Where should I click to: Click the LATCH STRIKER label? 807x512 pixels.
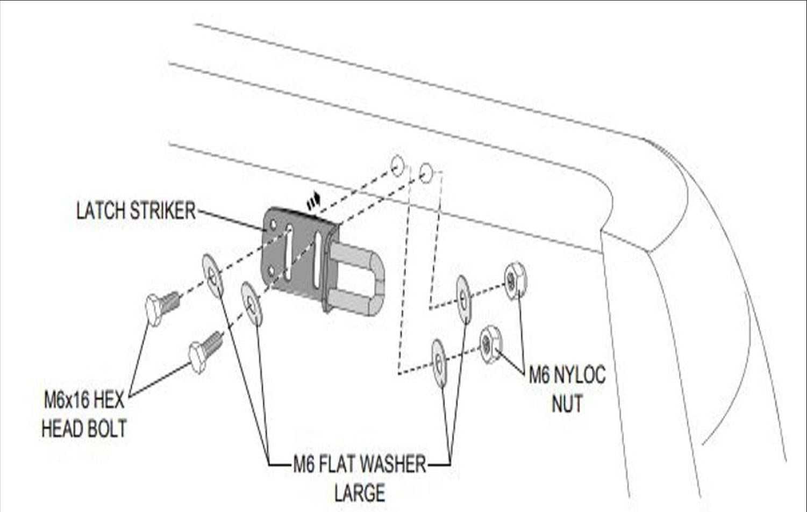point(135,211)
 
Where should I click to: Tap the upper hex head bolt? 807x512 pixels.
point(161,307)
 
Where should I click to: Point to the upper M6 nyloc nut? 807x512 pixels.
point(515,280)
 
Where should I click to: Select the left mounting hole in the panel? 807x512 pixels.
point(397,165)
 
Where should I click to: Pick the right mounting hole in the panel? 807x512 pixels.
point(426,173)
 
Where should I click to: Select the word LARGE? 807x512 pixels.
point(359,493)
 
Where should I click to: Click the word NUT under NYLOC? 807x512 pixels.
point(567,403)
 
